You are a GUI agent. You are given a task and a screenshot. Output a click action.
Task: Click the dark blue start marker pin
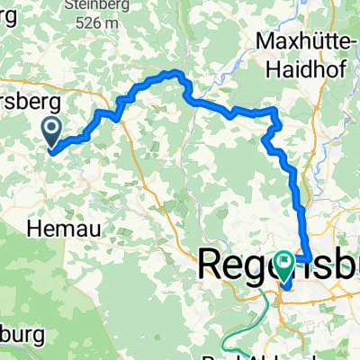[x=51, y=133]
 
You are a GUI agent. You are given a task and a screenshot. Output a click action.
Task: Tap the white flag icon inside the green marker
[x=286, y=264]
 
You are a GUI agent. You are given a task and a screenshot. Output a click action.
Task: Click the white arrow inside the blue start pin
[x=51, y=130]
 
